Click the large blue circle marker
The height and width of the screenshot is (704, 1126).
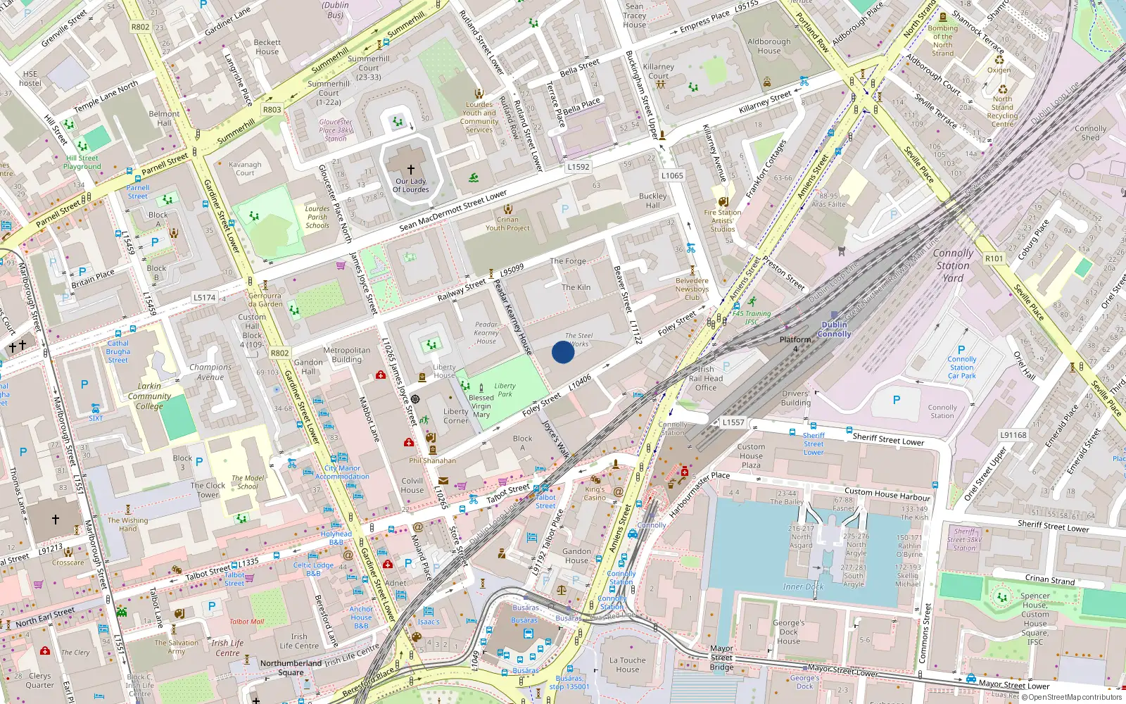click(x=562, y=352)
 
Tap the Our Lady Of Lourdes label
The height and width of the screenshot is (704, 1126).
click(x=411, y=185)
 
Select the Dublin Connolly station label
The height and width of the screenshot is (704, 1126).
click(x=835, y=329)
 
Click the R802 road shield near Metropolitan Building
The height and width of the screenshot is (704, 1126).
click(x=279, y=353)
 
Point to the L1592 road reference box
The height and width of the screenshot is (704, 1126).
click(x=578, y=167)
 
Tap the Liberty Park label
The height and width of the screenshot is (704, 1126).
click(x=505, y=389)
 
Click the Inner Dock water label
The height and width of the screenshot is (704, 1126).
click(x=803, y=586)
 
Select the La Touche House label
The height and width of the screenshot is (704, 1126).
click(x=628, y=665)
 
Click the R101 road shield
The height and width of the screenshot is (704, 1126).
click(x=994, y=258)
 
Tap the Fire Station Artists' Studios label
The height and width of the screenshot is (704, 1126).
click(x=722, y=220)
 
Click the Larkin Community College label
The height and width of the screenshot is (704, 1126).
click(x=149, y=396)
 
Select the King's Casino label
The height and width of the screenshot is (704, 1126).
click(x=595, y=493)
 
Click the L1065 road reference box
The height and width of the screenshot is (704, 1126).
click(x=672, y=175)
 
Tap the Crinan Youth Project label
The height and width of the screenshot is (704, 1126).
click(x=507, y=223)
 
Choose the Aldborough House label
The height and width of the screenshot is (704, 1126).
click(x=768, y=46)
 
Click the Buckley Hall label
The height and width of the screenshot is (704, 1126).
click(x=652, y=201)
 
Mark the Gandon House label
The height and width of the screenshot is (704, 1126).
click(x=576, y=555)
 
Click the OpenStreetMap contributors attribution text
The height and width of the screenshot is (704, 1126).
click(x=1075, y=697)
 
